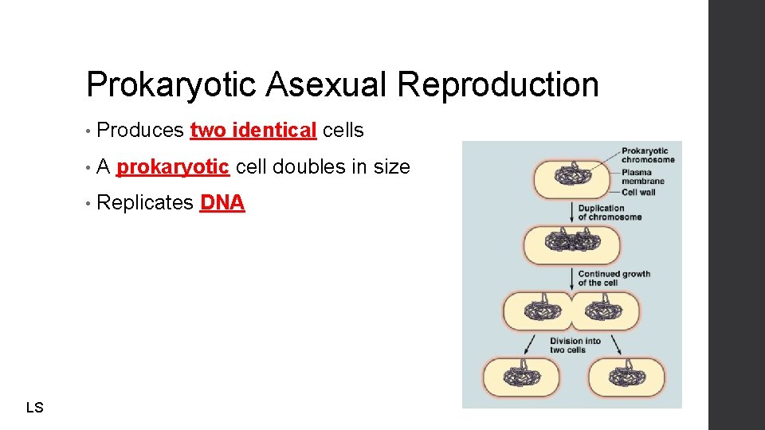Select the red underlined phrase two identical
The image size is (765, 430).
point(253,131)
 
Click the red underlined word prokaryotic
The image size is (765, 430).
point(173,167)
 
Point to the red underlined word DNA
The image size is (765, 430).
point(222,203)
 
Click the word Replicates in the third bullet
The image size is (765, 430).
point(144,203)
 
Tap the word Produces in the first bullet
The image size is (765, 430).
point(140,131)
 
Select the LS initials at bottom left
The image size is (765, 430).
point(34,408)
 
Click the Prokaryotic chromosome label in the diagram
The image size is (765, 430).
point(647,154)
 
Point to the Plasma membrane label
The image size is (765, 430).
point(642,177)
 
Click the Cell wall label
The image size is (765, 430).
point(639,192)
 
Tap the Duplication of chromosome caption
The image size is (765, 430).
point(610,213)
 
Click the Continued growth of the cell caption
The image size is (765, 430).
point(614,278)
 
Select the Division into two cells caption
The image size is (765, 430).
point(575,345)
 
